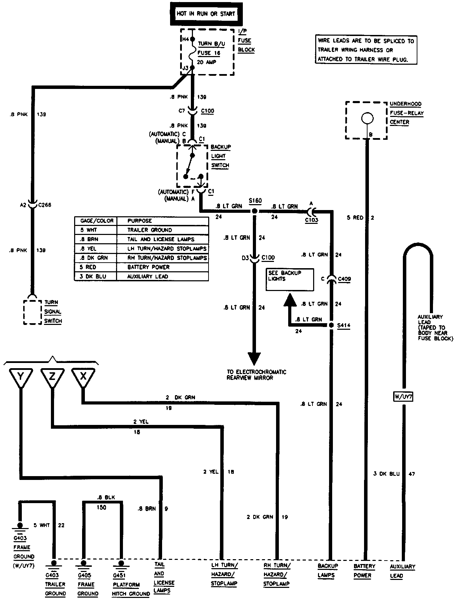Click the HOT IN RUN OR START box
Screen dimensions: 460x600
pyautogui.click(x=206, y=14)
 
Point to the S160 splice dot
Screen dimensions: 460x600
pyautogui.click(x=255, y=211)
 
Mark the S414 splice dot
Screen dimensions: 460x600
pyautogui.click(x=331, y=325)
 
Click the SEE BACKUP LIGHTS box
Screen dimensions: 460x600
pyautogui.click(x=290, y=279)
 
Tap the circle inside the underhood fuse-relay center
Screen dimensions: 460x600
pyautogui.click(x=367, y=118)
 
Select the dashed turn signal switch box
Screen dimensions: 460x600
pyautogui.click(x=33, y=312)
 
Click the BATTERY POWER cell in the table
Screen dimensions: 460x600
pyautogui.click(x=163, y=267)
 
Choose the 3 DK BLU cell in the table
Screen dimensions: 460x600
pyautogui.click(x=96, y=276)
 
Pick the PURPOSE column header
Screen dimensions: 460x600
pyautogui.click(x=163, y=221)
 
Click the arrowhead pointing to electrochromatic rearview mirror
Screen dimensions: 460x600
pyautogui.click(x=255, y=358)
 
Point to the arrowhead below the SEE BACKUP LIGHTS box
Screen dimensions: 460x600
pyautogui.click(x=290, y=300)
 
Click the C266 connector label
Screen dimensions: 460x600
pyautogui.click(x=45, y=205)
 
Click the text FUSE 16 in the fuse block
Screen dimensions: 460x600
pyautogui.click(x=209, y=53)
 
